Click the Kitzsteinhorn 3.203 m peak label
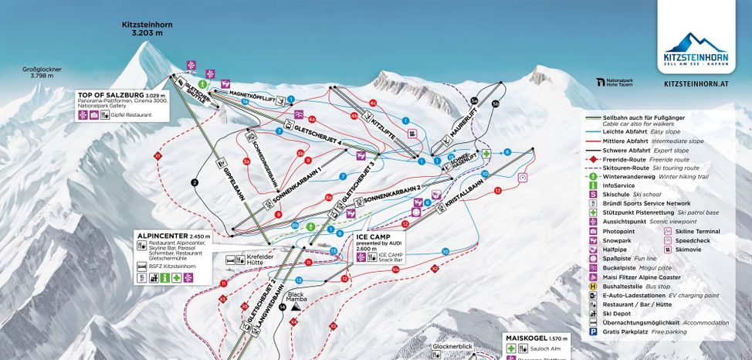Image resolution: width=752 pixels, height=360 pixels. tap(146, 29)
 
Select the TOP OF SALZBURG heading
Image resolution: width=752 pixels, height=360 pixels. tap(110, 94)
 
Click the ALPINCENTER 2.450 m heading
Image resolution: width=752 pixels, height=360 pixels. tap(161, 236)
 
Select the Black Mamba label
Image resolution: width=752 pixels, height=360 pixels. tap(296, 296)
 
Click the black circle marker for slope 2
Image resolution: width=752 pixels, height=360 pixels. tap(195, 182)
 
